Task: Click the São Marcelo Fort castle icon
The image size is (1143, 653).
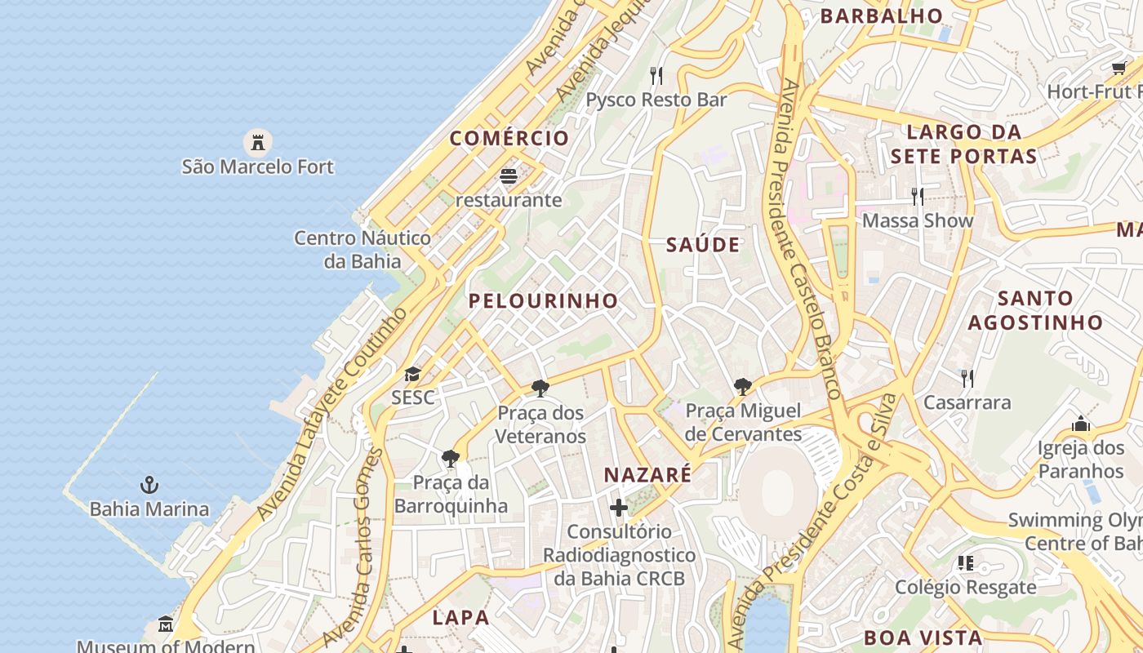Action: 258,143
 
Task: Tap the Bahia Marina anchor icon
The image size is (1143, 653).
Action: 149,486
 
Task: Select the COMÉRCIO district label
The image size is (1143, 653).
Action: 509,138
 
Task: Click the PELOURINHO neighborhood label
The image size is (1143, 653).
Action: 543,300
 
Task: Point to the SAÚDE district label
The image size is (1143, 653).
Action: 703,245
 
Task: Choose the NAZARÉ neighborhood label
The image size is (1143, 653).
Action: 647,474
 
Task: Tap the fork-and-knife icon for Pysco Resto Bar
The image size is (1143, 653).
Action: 656,76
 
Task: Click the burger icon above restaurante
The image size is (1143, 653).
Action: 509,176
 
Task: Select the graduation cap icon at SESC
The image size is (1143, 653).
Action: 412,375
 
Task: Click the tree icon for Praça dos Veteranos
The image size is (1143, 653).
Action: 540,389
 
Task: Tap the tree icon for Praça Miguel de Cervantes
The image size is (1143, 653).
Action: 742,387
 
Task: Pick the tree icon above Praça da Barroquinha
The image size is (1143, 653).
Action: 449,459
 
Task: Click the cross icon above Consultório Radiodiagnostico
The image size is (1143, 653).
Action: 619,508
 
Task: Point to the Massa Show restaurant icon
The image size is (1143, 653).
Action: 918,197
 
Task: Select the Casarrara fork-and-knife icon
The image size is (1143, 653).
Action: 967,378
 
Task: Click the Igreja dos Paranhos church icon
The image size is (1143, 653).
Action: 1081,424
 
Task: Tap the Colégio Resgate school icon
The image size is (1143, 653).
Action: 966,563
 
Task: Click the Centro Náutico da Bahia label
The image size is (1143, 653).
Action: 362,250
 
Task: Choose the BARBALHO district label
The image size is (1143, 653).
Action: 881,16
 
